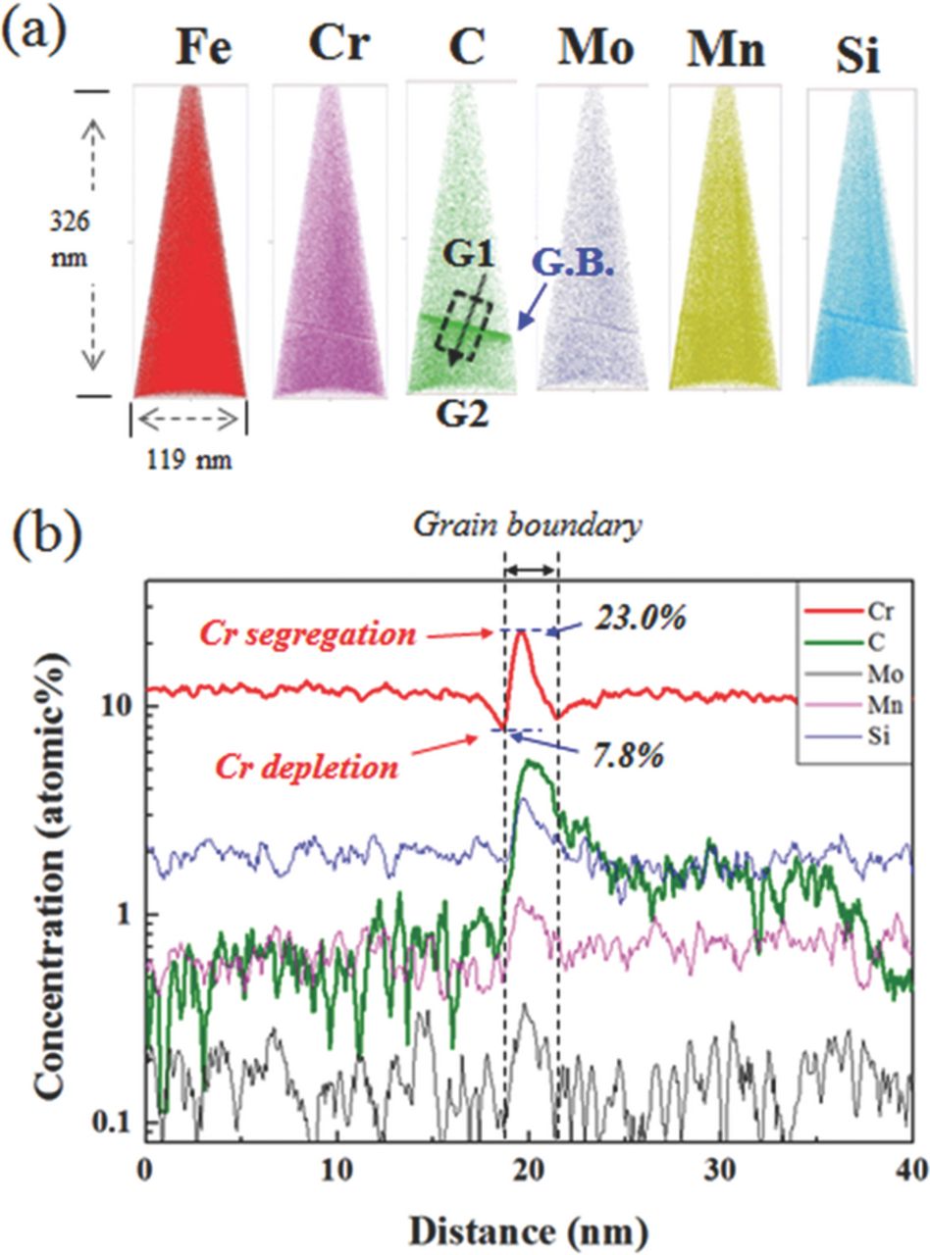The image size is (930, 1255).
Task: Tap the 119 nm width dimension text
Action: (188, 458)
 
